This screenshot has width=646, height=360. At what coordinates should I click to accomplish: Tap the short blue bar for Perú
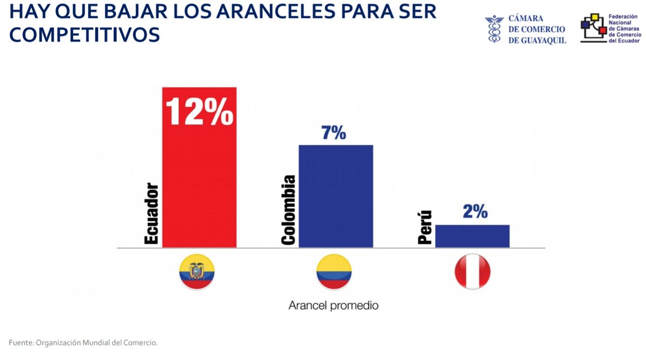(x=472, y=236)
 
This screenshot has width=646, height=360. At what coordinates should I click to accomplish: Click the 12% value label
(x=199, y=111)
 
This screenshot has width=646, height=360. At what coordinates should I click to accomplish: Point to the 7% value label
(x=334, y=133)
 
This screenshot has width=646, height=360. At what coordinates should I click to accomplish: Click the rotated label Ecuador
(x=152, y=215)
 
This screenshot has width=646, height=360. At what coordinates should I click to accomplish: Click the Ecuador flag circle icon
(x=197, y=272)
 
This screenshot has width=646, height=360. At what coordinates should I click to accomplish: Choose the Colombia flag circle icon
(x=334, y=272)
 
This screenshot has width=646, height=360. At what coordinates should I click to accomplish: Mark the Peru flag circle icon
(x=472, y=272)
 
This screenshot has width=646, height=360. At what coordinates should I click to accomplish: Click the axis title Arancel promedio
(x=333, y=306)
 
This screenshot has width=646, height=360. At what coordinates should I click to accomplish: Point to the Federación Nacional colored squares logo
(x=593, y=27)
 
